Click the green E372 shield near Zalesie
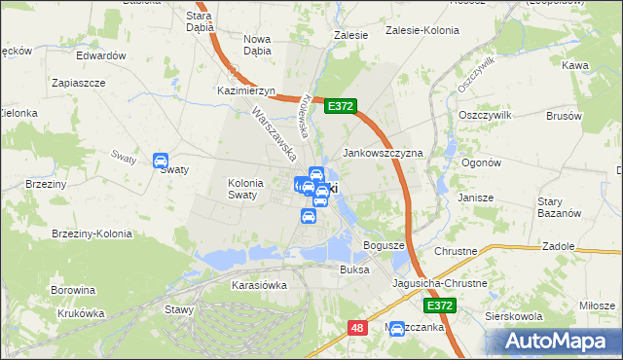coord(341,105)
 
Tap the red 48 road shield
coord(357,329)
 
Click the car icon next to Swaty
coord(162,162)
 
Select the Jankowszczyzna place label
coord(383,154)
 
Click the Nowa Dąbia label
coord(257,46)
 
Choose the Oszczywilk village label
coord(484,114)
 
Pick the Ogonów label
coord(481,162)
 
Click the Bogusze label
coord(384,244)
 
